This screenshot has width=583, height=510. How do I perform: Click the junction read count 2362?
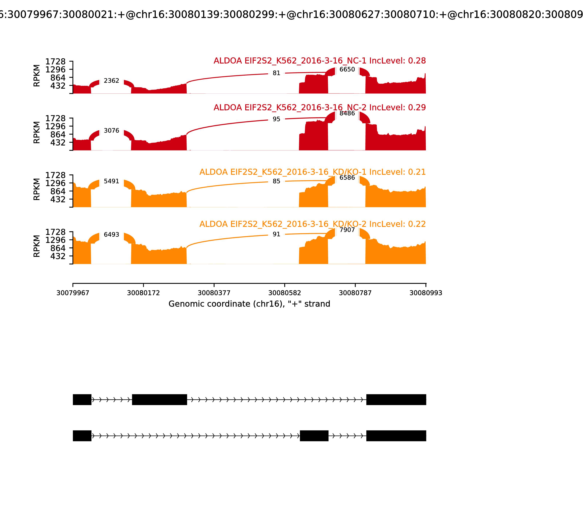(x=111, y=81)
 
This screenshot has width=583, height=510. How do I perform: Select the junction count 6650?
(x=347, y=69)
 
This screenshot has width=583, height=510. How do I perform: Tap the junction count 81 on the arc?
(x=276, y=73)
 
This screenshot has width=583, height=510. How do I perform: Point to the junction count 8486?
(x=347, y=113)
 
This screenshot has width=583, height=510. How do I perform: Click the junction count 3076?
(x=111, y=131)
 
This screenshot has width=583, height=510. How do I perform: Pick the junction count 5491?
(x=111, y=181)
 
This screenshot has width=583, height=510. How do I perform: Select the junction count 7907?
(x=347, y=230)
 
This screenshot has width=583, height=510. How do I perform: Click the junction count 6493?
(x=111, y=235)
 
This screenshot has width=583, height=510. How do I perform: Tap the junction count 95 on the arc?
(x=276, y=119)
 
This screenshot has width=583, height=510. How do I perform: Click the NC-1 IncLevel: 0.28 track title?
(x=319, y=61)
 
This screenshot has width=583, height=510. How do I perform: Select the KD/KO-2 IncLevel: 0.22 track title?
(x=312, y=224)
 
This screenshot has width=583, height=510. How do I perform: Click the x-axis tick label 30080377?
(x=214, y=293)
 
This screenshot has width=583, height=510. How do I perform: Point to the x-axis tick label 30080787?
(x=355, y=293)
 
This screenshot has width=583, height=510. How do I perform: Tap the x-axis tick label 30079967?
(x=73, y=293)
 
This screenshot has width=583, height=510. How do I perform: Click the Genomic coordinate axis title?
(x=249, y=304)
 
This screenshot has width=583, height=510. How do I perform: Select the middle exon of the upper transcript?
(x=159, y=400)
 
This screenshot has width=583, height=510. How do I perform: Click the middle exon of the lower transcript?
(x=314, y=436)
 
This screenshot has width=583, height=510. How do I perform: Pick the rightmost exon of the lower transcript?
(x=396, y=436)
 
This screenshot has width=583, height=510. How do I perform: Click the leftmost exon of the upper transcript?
(x=82, y=400)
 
